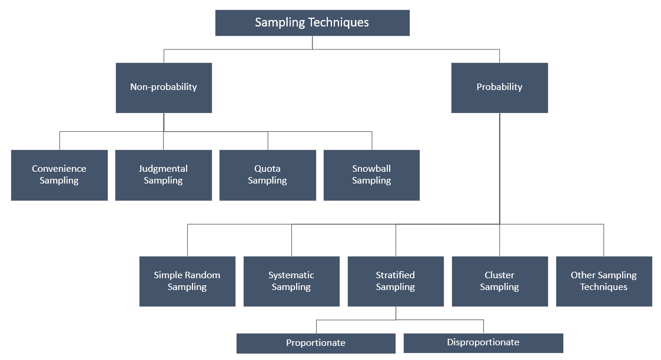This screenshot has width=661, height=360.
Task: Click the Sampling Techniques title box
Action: pyautogui.click(x=313, y=23)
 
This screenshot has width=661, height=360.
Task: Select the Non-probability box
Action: pyautogui.click(x=164, y=88)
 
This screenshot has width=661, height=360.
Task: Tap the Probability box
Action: pyautogui.click(x=500, y=88)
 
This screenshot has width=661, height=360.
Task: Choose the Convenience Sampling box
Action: pyautogui.click(x=59, y=175)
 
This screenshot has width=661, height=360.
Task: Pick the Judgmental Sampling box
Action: pyautogui.click(x=164, y=175)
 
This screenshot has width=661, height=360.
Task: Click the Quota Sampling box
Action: pyautogui.click(x=268, y=175)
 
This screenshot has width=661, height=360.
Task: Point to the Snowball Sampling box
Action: pyautogui.click(x=372, y=175)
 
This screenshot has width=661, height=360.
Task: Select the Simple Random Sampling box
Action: pyautogui.click(x=188, y=281)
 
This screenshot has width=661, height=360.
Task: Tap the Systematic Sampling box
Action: pyautogui.click(x=292, y=281)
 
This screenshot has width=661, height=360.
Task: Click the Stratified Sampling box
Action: pyautogui.click(x=396, y=281)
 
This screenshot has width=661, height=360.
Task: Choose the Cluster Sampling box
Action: pyautogui.click(x=500, y=281)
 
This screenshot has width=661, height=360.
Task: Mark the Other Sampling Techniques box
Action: pyautogui.click(x=604, y=281)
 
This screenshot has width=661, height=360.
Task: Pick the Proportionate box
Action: pyautogui.click(x=316, y=343)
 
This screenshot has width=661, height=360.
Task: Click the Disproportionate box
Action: pyautogui.click(x=483, y=343)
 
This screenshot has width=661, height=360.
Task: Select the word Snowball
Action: pyautogui.click(x=371, y=168)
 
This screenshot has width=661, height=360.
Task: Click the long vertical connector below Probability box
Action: pyautogui.click(x=500, y=168)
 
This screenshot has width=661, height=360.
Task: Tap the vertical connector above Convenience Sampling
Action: pyautogui.click(x=60, y=141)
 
